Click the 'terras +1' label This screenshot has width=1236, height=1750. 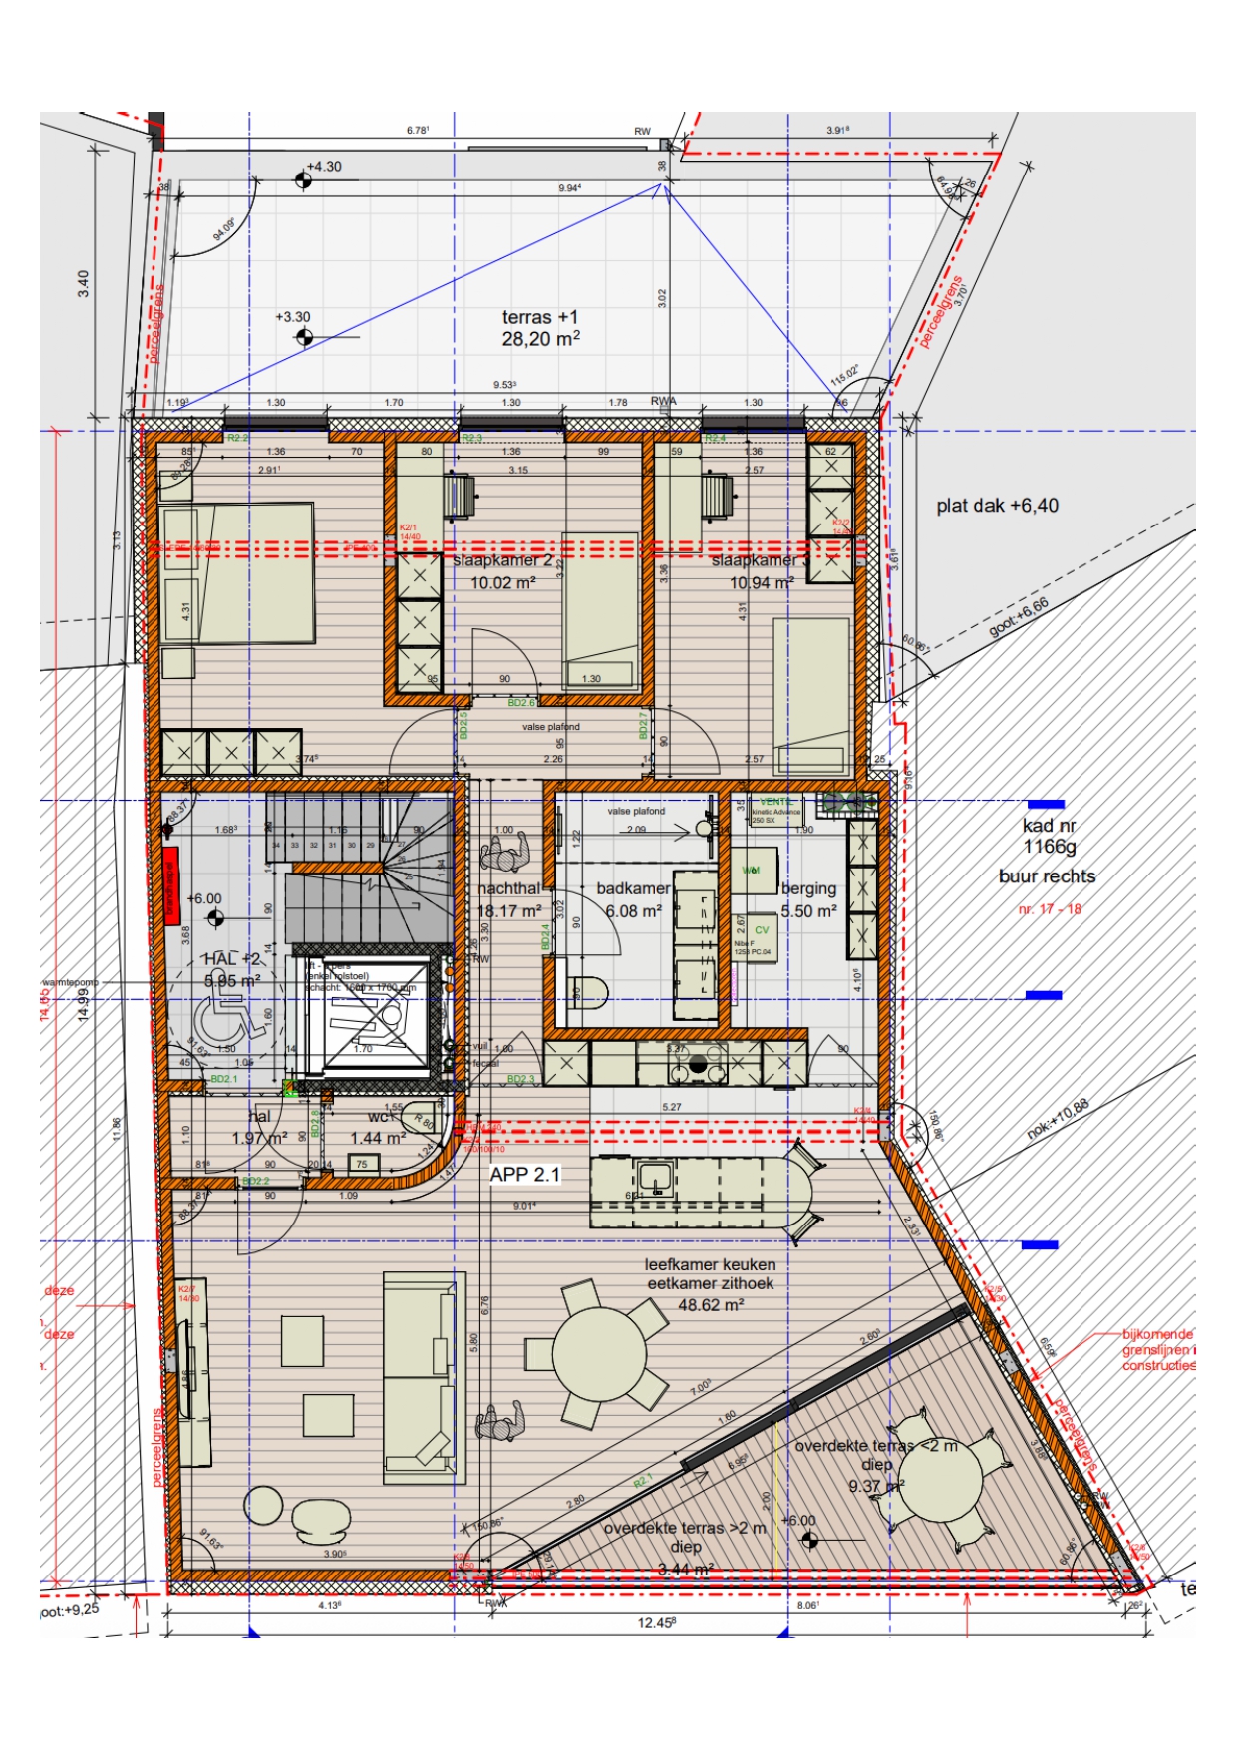tap(539, 317)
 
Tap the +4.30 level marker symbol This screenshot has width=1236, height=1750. tap(303, 180)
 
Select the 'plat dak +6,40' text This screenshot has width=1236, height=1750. tap(997, 506)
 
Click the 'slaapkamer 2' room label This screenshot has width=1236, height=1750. tap(501, 561)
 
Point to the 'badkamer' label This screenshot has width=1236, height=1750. tap(633, 888)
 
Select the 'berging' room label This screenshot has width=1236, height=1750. tap(808, 888)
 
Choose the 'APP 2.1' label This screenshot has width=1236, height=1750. tap(524, 1175)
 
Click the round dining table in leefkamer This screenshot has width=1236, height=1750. tap(599, 1357)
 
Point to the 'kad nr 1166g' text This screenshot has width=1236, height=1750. tap(1049, 836)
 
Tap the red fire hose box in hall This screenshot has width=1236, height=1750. tap(170, 882)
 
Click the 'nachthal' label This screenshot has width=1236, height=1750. tap(508, 888)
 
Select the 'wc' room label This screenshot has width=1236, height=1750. tap(379, 1117)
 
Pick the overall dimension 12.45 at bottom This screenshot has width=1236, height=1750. tap(656, 1623)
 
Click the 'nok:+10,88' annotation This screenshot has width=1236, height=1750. tap(1058, 1118)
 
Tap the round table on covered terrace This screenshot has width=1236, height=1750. tap(940, 1479)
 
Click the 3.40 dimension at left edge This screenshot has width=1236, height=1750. tap(84, 283)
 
